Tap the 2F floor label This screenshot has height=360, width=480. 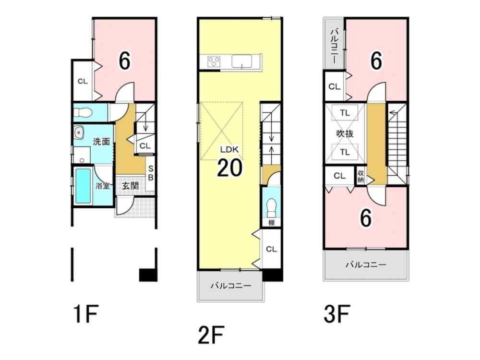tap(211, 335)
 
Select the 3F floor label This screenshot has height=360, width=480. tap(336, 313)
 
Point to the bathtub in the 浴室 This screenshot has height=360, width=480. tap(83, 186)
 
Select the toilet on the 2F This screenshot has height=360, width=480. tap(271, 207)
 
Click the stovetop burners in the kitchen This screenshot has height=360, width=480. tap(214, 61)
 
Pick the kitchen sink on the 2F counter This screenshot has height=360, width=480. tap(242, 61)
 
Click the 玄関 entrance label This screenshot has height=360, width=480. tap(131, 185)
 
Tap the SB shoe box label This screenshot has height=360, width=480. tap(151, 173)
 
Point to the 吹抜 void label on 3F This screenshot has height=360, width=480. tap(345, 133)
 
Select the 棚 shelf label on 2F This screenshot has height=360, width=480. tap(271, 223)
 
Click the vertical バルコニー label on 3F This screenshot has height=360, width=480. tap(335, 46)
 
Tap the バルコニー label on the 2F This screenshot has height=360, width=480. tap(231, 286)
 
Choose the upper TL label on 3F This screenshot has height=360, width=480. tap(345, 113)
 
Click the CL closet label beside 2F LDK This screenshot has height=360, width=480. tap(271, 249)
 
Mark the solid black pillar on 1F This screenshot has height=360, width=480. tap(148, 275)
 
